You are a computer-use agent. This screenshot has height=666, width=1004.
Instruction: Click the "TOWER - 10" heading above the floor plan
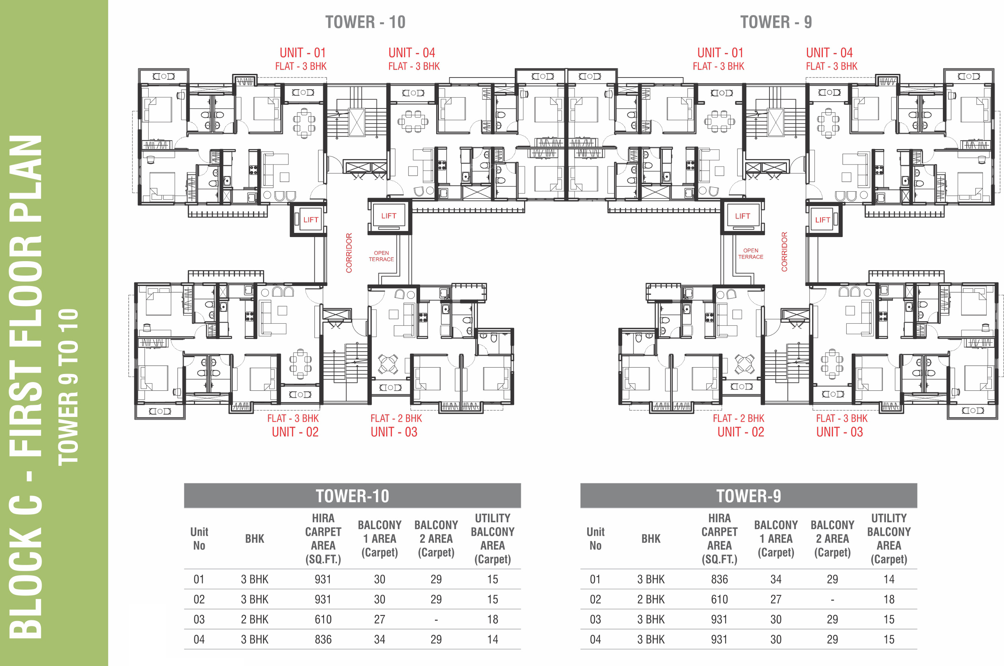point(365,22)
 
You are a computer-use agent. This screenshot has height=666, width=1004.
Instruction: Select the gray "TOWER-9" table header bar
point(749,496)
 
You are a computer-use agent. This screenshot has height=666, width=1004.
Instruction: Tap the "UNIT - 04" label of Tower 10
point(412,53)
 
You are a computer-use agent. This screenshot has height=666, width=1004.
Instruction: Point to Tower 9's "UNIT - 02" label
point(741,432)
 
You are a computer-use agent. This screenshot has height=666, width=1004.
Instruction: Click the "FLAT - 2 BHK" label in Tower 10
point(396,419)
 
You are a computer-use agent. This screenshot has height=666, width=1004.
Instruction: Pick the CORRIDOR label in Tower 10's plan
point(349,253)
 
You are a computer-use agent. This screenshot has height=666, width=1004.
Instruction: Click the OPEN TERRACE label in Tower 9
point(751,253)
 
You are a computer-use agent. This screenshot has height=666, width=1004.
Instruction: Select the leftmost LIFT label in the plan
point(311,220)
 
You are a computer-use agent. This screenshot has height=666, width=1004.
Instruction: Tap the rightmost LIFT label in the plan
point(822,220)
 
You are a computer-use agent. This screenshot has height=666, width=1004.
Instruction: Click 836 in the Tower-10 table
point(323,639)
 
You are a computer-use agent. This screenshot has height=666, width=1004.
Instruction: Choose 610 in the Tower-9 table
point(720,599)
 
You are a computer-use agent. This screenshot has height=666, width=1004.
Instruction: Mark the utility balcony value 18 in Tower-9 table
point(889,599)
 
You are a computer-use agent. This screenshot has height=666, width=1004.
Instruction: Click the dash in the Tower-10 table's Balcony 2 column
point(436,620)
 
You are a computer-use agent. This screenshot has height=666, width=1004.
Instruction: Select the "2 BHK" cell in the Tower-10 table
point(255,619)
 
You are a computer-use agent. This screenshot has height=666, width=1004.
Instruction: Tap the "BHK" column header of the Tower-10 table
point(255,539)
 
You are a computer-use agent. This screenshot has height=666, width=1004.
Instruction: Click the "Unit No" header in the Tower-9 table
point(596,539)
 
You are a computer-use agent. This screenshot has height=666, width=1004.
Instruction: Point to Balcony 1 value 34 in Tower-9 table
point(776,579)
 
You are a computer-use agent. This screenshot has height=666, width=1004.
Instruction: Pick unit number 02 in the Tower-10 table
point(199,599)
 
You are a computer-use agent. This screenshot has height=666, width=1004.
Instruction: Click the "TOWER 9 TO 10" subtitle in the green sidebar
point(68,386)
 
